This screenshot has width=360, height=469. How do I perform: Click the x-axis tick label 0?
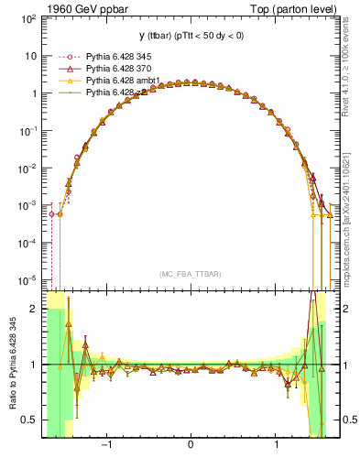pos(191,446)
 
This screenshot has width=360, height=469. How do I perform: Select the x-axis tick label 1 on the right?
pos(277,446)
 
